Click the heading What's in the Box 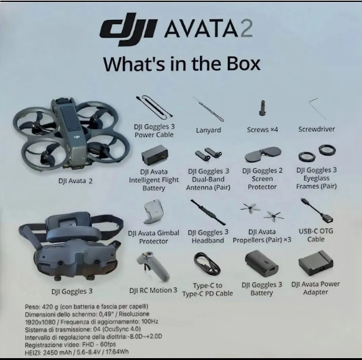(181, 64)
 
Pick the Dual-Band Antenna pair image (207, 155)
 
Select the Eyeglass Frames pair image (316, 153)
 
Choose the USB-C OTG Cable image (315, 211)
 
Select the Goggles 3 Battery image (261, 264)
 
